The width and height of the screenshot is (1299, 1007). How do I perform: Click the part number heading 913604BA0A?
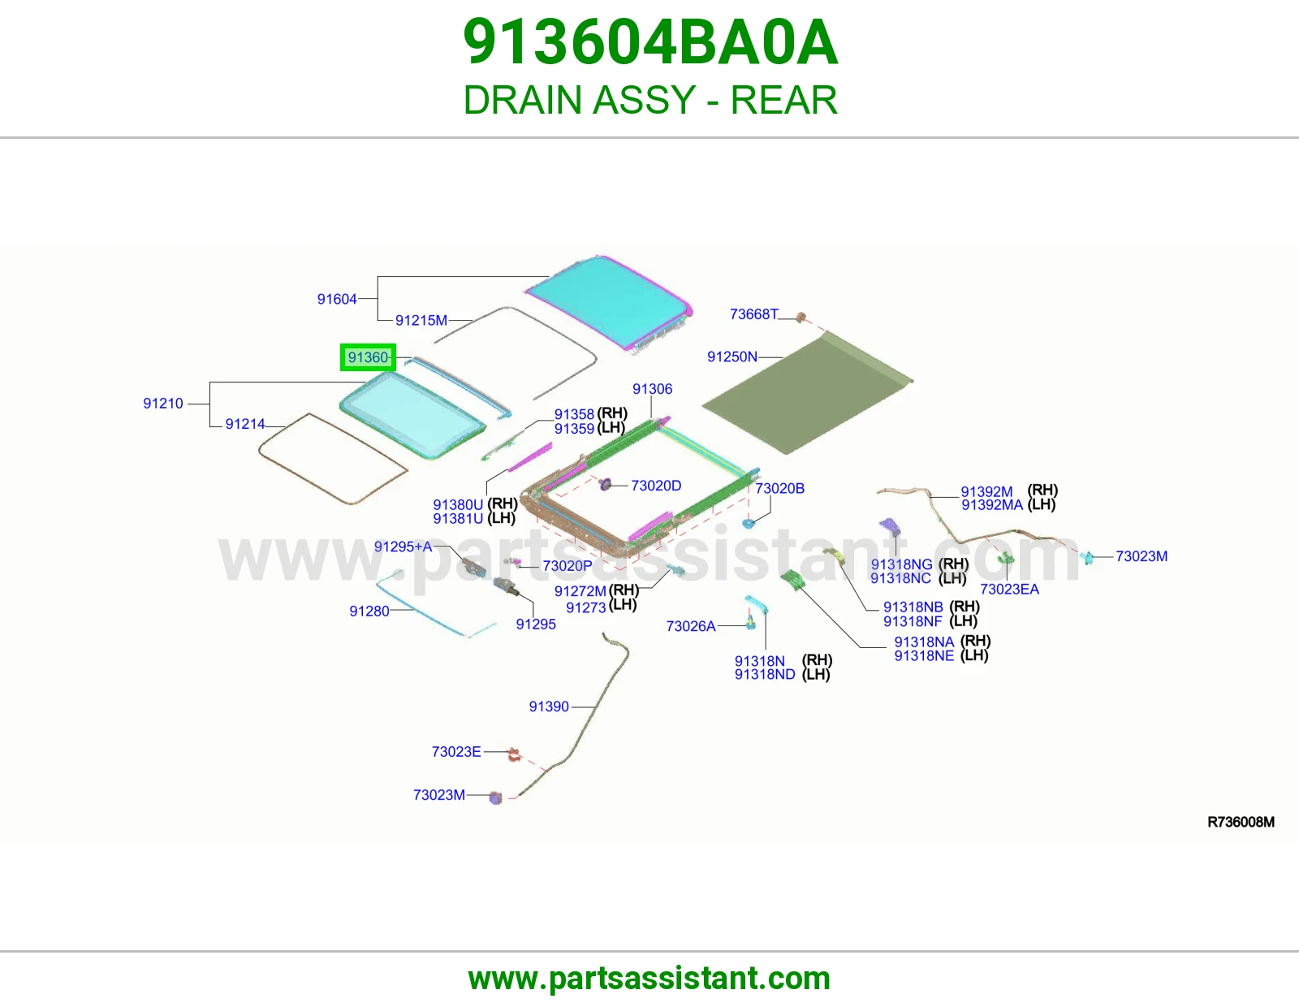coord(650,42)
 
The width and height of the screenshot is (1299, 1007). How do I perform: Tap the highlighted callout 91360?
coord(368,357)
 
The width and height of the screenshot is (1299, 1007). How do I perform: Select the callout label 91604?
coord(337,299)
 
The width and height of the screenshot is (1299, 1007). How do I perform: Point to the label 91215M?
coord(421,321)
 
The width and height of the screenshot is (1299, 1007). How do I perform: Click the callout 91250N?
coord(731,357)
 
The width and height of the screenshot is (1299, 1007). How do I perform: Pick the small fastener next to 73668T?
coord(801,317)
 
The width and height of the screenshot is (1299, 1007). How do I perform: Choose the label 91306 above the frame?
coord(652,389)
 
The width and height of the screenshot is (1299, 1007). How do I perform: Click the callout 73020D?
coord(656,486)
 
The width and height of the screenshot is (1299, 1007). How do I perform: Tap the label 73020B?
coord(779,489)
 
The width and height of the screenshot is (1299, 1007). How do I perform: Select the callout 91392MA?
coord(992,505)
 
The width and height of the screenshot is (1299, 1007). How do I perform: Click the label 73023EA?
coord(1009,590)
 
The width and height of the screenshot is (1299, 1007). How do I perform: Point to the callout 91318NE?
coord(924,656)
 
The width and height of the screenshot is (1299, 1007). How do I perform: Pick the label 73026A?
coord(690,626)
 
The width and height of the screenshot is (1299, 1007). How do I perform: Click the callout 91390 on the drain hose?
coord(549,707)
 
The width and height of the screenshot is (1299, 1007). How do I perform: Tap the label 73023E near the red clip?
coord(456,752)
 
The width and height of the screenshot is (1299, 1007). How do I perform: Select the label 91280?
coord(369,612)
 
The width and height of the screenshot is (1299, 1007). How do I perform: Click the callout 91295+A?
coord(403,547)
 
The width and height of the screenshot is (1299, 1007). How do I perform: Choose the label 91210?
coord(162,404)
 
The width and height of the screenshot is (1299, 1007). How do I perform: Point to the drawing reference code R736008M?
coord(1241,822)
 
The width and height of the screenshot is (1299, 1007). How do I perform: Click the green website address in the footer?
coord(649,979)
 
